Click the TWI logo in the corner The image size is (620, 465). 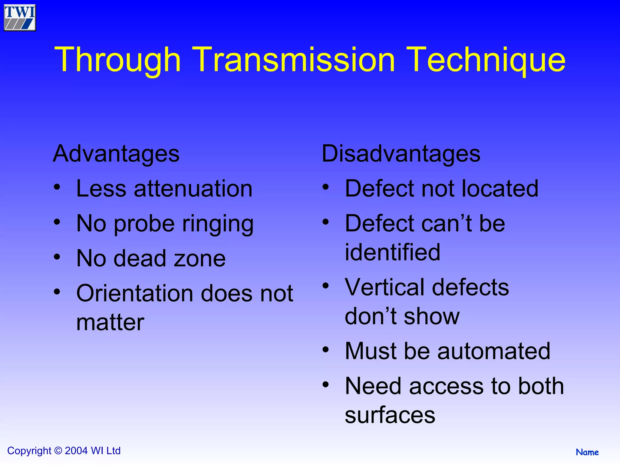[20, 18]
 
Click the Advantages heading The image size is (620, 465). [116, 154]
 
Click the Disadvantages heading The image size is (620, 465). [401, 154]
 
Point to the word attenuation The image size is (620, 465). [193, 189]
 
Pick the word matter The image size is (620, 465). [110, 322]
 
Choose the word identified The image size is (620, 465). [392, 252]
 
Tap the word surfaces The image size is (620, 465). [390, 415]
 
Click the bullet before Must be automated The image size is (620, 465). [325, 350]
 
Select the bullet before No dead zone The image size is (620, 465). [57, 257]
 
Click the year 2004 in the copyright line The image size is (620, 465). [76, 451]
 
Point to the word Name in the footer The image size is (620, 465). [587, 452]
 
